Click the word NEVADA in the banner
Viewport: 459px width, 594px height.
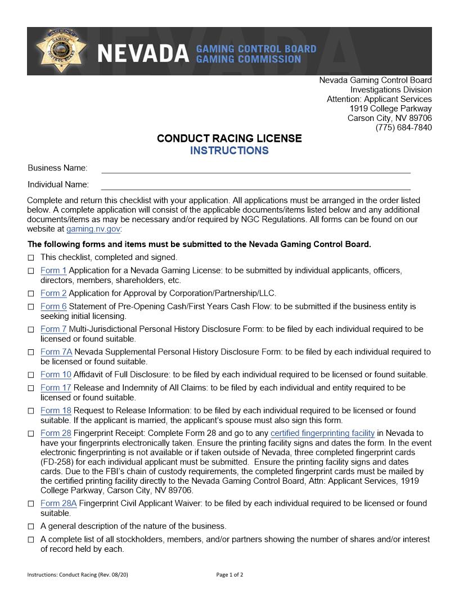pos(143,54)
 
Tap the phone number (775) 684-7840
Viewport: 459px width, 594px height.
pos(403,128)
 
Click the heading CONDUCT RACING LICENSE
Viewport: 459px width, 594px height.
pos(229,138)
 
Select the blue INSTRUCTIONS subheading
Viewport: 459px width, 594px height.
pos(229,151)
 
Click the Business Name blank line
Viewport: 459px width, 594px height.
pos(255,168)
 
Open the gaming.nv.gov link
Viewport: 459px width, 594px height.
pos(93,229)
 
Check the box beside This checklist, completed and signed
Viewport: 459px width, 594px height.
pos(31,258)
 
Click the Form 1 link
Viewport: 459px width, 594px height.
pos(53,271)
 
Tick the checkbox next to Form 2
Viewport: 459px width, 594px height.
pos(31,294)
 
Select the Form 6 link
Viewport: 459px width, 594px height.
pos(53,307)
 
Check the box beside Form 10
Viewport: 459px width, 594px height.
pos(31,375)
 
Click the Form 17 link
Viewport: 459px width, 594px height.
pos(56,388)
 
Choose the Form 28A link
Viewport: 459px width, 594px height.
pos(58,503)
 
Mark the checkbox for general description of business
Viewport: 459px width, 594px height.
pos(31,527)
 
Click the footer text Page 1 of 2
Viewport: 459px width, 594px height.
pos(229,575)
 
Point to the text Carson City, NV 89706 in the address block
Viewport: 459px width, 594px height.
pos(389,118)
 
